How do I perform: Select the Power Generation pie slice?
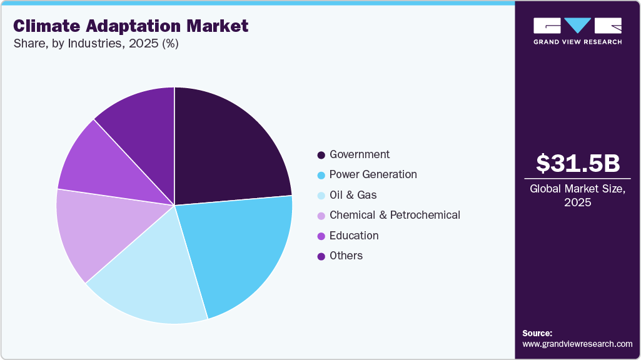241,250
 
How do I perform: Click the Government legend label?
360,154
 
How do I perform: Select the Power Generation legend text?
373,174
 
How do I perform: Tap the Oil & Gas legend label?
353,195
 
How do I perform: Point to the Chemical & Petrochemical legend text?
395,215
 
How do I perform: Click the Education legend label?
354,236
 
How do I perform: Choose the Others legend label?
346,256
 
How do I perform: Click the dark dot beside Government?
321,155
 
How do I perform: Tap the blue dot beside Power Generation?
321,175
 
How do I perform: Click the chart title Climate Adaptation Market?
131,26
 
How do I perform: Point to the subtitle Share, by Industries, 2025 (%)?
96,44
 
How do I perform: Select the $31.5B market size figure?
577,163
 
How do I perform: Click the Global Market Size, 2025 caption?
577,196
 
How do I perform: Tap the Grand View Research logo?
577,31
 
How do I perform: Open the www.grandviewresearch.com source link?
577,344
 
